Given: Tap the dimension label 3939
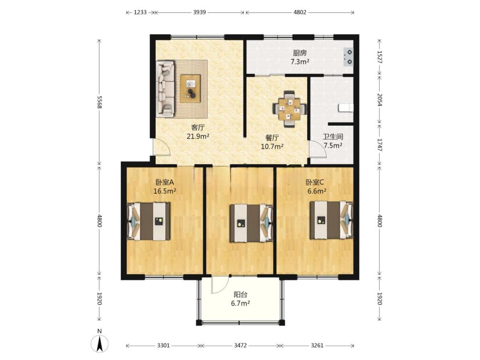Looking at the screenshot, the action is coord(199,12).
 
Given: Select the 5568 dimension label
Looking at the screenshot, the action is coord(99,102).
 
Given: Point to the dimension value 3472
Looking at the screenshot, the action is coord(240,345).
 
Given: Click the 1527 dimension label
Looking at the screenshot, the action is coord(379,57).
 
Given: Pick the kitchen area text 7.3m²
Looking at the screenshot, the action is coord(300,62).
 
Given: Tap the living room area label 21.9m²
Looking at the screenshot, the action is coord(198,136).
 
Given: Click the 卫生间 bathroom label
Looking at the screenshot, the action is coord(333,136).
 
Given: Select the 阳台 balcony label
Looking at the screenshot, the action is coord(240,294).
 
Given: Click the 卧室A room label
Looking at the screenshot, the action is coord(165,183).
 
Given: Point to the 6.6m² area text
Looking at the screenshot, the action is coord(317,192).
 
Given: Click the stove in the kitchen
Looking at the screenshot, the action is coord(348,57).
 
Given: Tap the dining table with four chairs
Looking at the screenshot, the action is coord(289,109).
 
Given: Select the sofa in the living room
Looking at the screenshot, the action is coord(165,89).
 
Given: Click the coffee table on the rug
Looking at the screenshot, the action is coord(190,88).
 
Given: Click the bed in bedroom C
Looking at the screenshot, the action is coord(332,220).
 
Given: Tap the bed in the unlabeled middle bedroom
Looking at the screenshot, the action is coord(251,223).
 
